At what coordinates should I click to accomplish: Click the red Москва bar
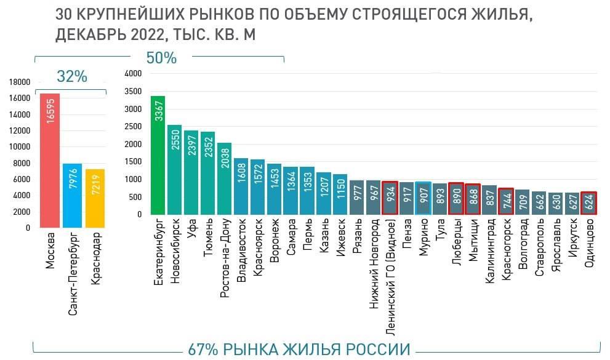(x=50, y=160)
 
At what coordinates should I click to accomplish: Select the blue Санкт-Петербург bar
(x=73, y=195)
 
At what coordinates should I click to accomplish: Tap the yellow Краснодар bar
(x=95, y=198)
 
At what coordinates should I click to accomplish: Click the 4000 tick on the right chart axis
(x=133, y=73)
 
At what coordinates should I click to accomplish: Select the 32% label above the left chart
(x=72, y=76)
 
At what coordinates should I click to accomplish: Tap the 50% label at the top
(x=161, y=58)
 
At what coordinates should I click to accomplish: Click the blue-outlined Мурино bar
(x=423, y=198)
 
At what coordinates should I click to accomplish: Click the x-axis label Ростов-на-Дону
(x=225, y=258)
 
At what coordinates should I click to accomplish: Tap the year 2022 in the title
(x=146, y=35)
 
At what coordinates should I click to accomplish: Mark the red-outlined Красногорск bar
(x=505, y=201)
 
